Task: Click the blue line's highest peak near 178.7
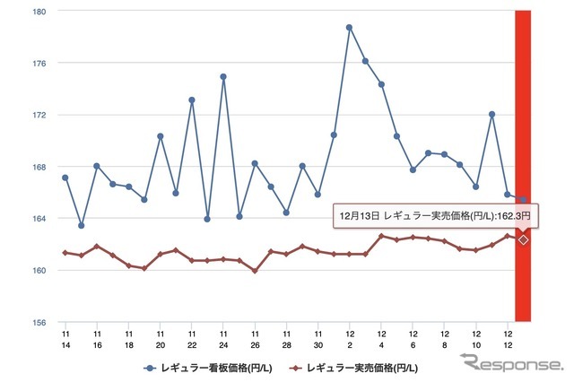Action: click(349, 27)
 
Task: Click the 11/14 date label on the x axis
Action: click(65, 339)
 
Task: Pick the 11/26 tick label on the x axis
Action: click(255, 339)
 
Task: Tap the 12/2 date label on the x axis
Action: click(349, 339)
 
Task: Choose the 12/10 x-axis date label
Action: click(475, 339)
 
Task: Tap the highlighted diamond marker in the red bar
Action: click(523, 239)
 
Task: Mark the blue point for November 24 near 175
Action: click(223, 76)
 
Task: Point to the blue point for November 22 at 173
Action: click(192, 100)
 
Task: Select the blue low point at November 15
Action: click(82, 225)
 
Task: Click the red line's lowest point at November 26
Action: click(255, 270)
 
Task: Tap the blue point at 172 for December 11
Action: click(491, 114)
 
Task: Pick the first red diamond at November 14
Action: click(65, 253)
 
